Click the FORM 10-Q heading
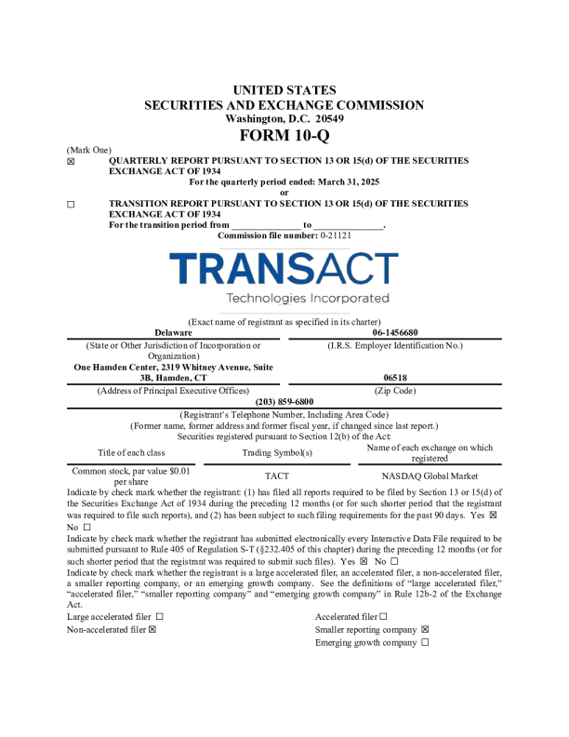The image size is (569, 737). pos(284,136)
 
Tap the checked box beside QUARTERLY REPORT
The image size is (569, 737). pos(71,161)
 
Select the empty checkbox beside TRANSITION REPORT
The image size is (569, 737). pos(71,204)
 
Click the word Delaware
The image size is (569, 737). pos(173,332)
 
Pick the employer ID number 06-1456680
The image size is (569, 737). pos(395,332)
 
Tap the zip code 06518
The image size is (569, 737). pos(395,378)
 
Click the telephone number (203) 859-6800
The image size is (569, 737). pos(284,401)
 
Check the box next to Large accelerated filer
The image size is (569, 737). pos(134,616)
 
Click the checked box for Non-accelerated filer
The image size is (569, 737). pos(152,629)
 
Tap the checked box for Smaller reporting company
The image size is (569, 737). pos(425,629)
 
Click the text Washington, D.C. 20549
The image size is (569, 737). pos(284,118)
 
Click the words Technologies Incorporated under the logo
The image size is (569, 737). pos(307,299)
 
